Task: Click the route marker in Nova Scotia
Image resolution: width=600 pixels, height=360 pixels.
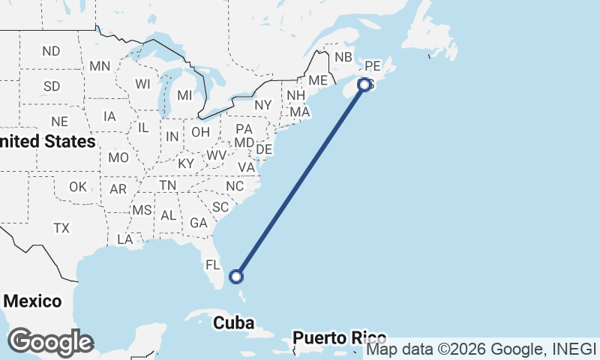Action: (x=365, y=85)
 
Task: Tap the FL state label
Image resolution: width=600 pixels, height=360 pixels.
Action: (x=213, y=265)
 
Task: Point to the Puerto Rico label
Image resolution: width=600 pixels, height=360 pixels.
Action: (x=340, y=337)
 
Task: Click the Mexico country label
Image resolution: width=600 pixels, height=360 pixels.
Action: (x=32, y=301)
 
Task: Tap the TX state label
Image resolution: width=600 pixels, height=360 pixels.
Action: (x=61, y=227)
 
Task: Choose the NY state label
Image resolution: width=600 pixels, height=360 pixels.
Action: (x=262, y=105)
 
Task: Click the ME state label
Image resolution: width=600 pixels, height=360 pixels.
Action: (x=318, y=80)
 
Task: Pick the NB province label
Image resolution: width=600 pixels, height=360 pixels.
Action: (x=343, y=57)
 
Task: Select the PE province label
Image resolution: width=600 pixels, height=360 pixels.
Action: (x=373, y=66)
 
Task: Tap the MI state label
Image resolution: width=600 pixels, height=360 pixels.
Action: (x=184, y=96)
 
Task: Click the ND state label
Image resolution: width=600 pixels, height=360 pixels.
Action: (x=51, y=51)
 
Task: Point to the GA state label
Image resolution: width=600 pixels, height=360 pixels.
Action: (x=198, y=223)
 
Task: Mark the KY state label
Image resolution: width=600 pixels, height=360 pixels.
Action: (x=186, y=163)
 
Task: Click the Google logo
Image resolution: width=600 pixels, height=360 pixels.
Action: (x=50, y=342)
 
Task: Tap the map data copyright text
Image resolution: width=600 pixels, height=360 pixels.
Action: (x=481, y=349)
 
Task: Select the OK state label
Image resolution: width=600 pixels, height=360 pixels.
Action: (x=78, y=187)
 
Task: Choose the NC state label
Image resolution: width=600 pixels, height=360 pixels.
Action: (x=235, y=186)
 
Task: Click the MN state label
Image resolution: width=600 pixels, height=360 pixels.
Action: (x=100, y=66)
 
